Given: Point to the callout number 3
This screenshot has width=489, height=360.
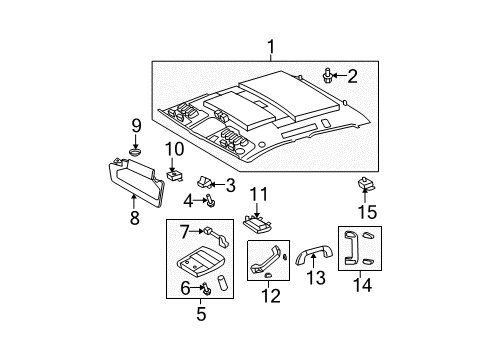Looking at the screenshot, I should click(x=230, y=184).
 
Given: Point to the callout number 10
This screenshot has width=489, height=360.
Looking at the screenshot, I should click(x=174, y=149).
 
